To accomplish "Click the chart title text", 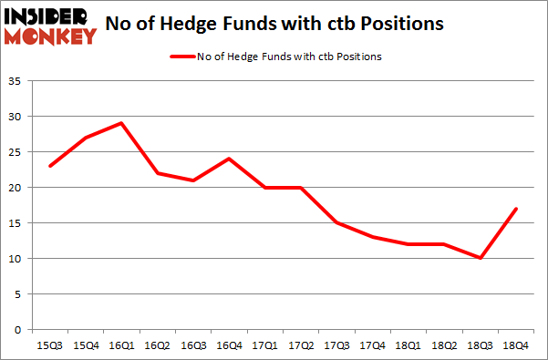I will pyautogui.click(x=294, y=24).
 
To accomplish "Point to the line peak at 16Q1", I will pyautogui.click(x=121, y=123).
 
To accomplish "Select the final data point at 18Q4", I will pyautogui.click(x=517, y=209).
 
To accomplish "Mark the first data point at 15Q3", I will pyautogui.click(x=50, y=166).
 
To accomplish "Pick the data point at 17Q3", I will pyautogui.click(x=337, y=222).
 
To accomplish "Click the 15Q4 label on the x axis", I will pyautogui.click(x=86, y=345).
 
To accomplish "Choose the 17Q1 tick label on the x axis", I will pyautogui.click(x=265, y=345).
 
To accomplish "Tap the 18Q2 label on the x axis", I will pyautogui.click(x=445, y=345).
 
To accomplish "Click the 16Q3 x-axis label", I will pyautogui.click(x=193, y=345).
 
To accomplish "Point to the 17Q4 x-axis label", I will pyautogui.click(x=373, y=345).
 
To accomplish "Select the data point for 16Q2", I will pyautogui.click(x=158, y=173).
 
